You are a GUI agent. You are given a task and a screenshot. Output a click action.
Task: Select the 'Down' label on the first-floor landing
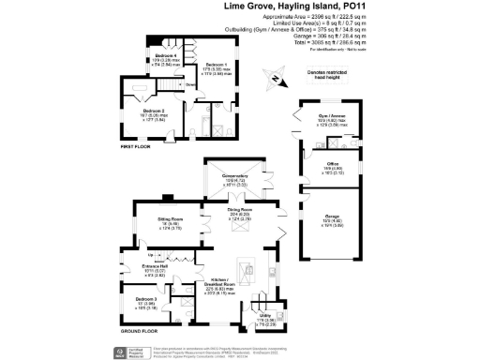(189, 84)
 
